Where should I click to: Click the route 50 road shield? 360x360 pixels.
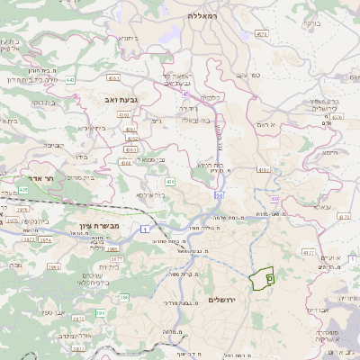218,195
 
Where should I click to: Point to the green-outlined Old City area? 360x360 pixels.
262,279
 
